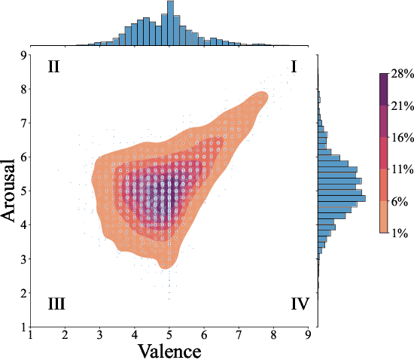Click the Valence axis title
pos(169,351)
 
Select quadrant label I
pos(294,67)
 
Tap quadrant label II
pos(53,67)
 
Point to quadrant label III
pos(56,304)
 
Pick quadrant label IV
pos(299,304)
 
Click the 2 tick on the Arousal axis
pos(23,293)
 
